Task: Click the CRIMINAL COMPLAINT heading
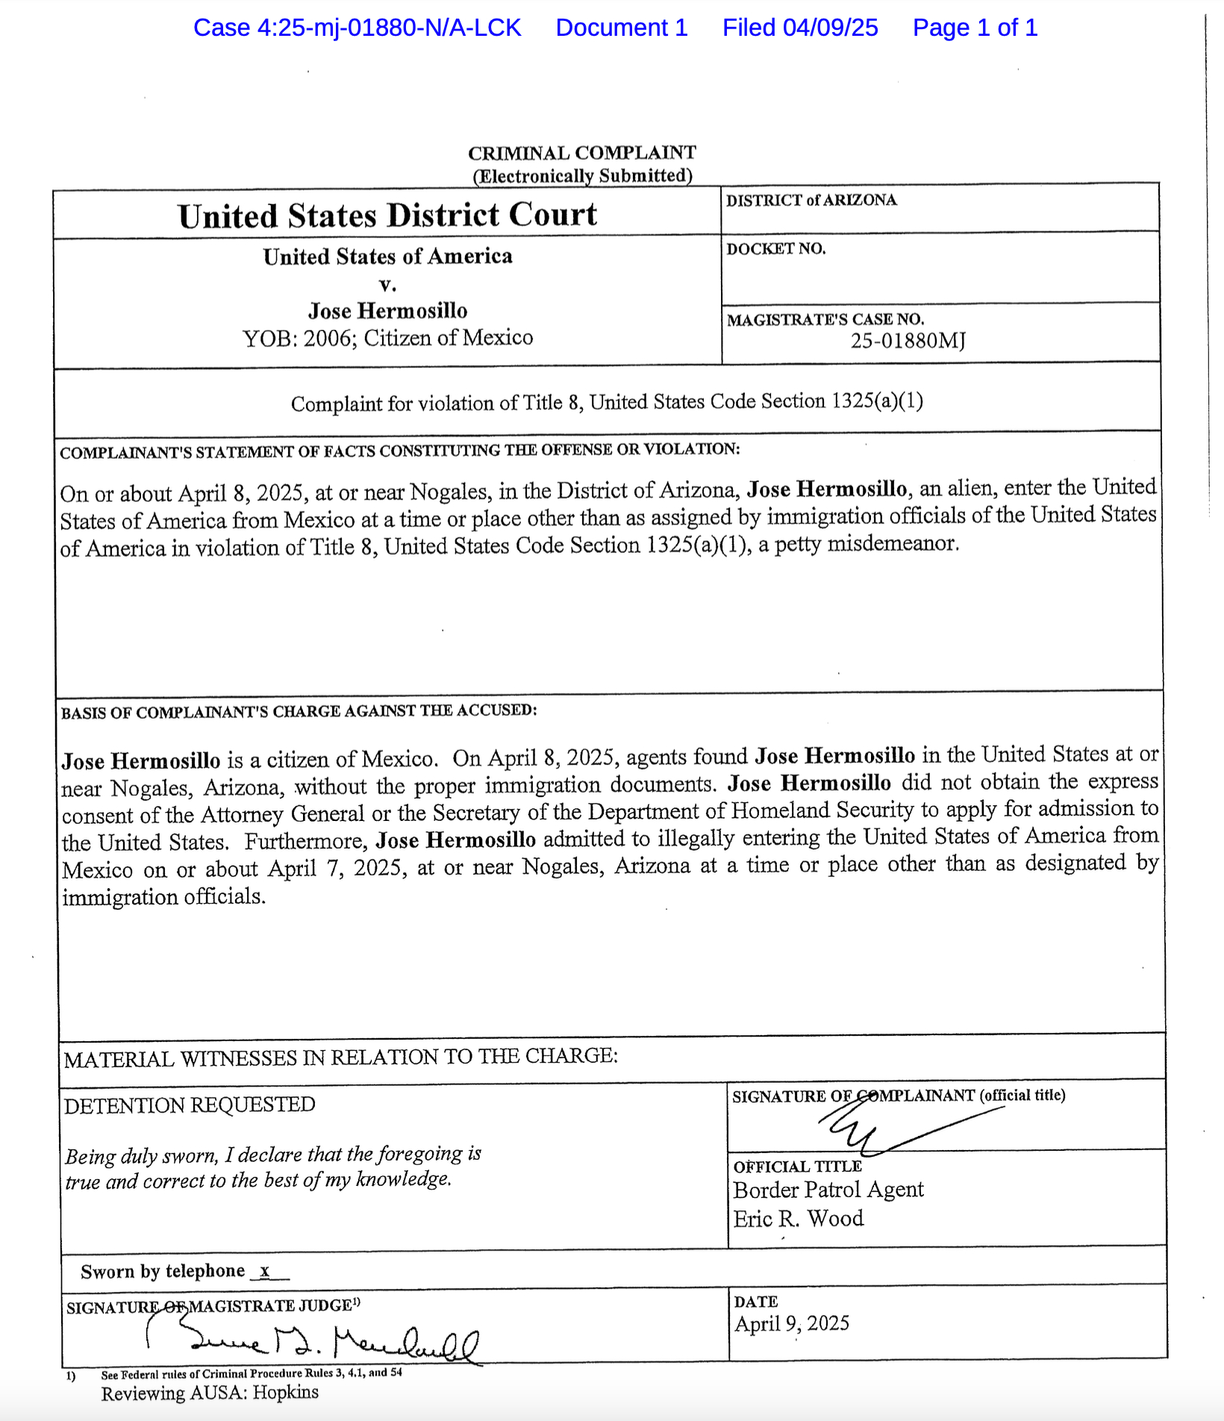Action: pos(581,153)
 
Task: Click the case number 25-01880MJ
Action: pos(908,341)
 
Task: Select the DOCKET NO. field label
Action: pos(776,249)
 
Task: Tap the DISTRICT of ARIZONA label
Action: pos(811,200)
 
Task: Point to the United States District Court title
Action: pos(387,216)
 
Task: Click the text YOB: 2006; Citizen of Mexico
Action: pos(387,338)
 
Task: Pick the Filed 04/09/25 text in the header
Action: pos(799,28)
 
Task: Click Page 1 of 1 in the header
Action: pos(975,28)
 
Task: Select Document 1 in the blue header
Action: pos(621,28)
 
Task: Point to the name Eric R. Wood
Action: pos(798,1219)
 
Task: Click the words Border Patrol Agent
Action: pos(828,1190)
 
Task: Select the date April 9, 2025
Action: pos(792,1323)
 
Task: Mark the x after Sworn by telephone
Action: pos(264,1271)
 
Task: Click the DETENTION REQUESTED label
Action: pos(190,1105)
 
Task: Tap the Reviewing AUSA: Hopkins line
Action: pos(210,1393)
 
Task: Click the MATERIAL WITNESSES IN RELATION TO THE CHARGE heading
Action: pos(340,1058)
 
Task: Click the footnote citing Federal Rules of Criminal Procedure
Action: pos(252,1373)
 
